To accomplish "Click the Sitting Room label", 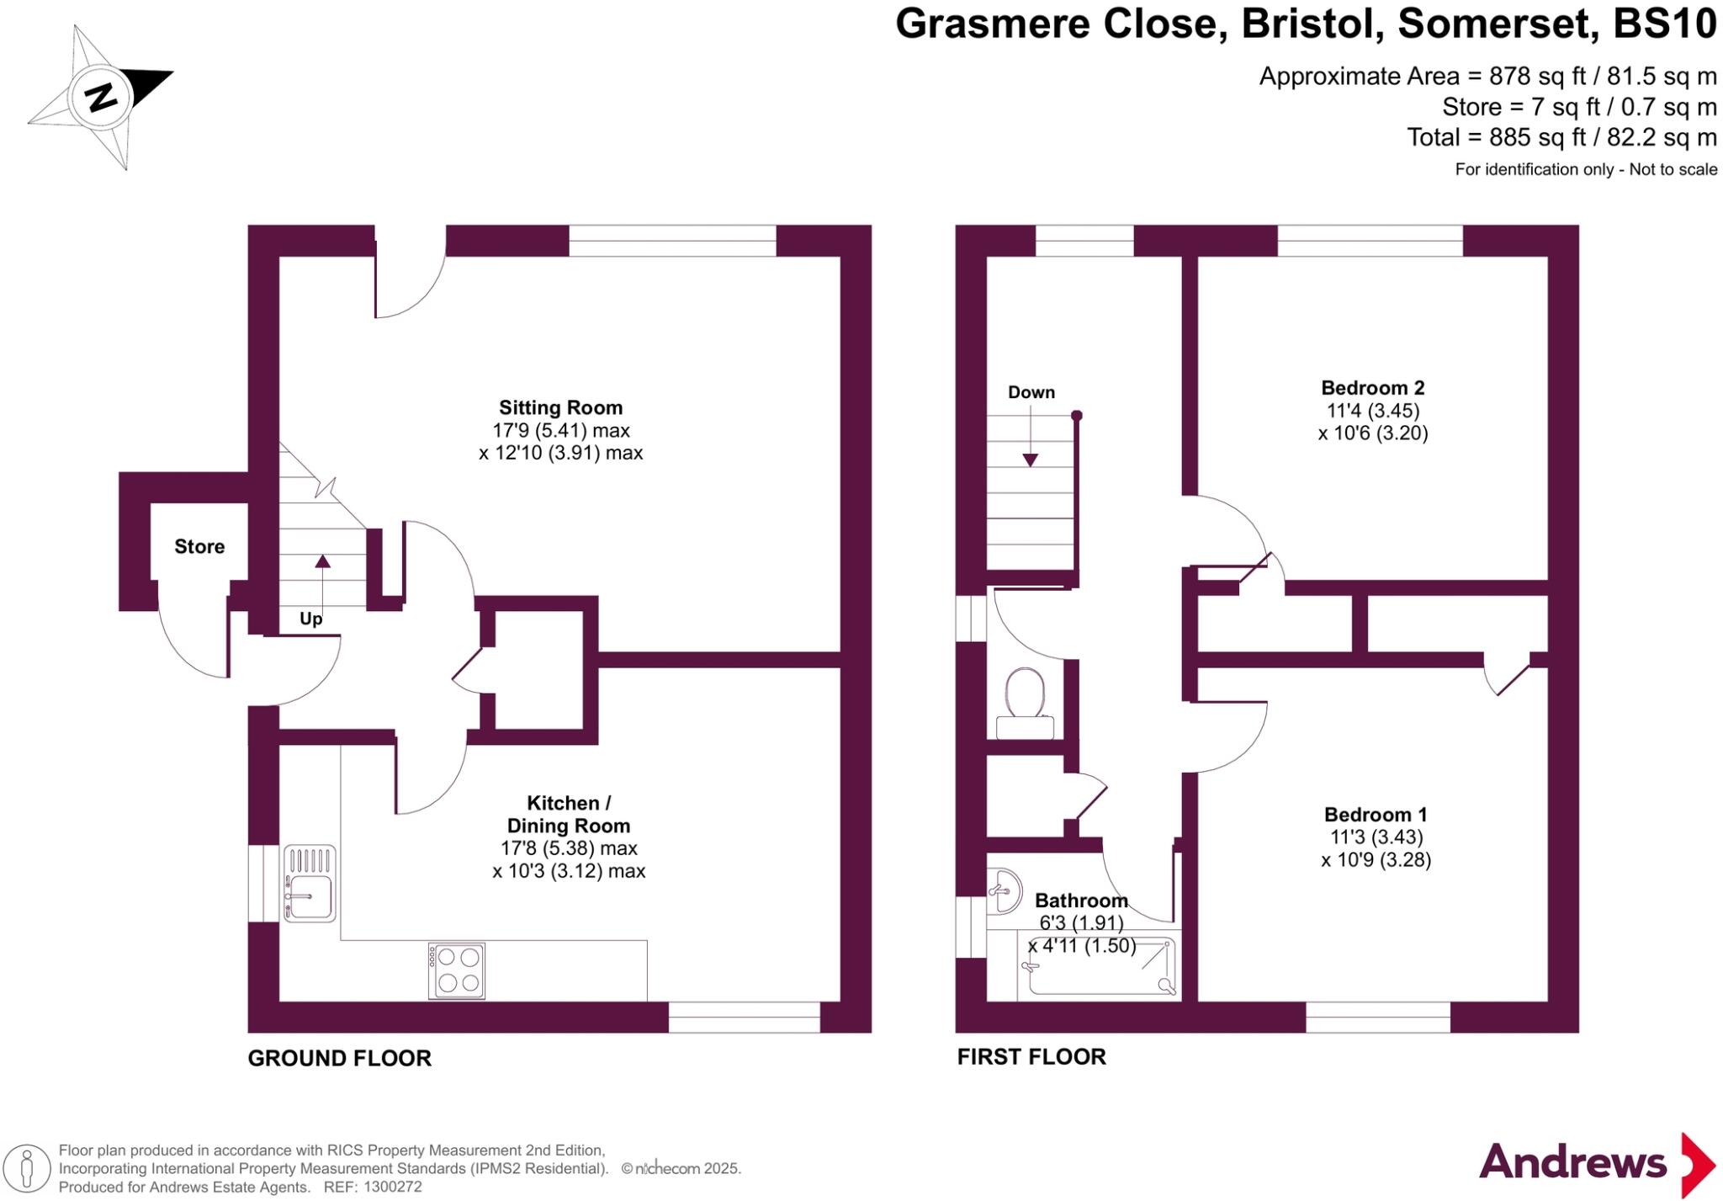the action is click(560, 408).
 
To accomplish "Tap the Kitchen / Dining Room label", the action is click(568, 814).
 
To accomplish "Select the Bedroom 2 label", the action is click(1372, 388).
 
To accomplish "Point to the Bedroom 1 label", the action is click(1375, 815).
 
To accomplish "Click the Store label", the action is click(199, 547).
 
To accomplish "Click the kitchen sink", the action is click(310, 884).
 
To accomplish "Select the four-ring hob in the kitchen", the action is click(457, 970).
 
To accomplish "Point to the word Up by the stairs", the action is click(310, 619).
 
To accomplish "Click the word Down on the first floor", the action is click(1031, 393).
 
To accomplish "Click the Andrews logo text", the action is click(1572, 1162).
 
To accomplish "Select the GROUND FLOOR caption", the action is click(339, 1059).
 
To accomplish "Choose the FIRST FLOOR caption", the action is click(1031, 1057).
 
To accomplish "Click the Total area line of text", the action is click(1561, 137).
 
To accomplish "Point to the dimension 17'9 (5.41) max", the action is click(560, 431).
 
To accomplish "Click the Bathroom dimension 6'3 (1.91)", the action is click(1081, 923).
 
